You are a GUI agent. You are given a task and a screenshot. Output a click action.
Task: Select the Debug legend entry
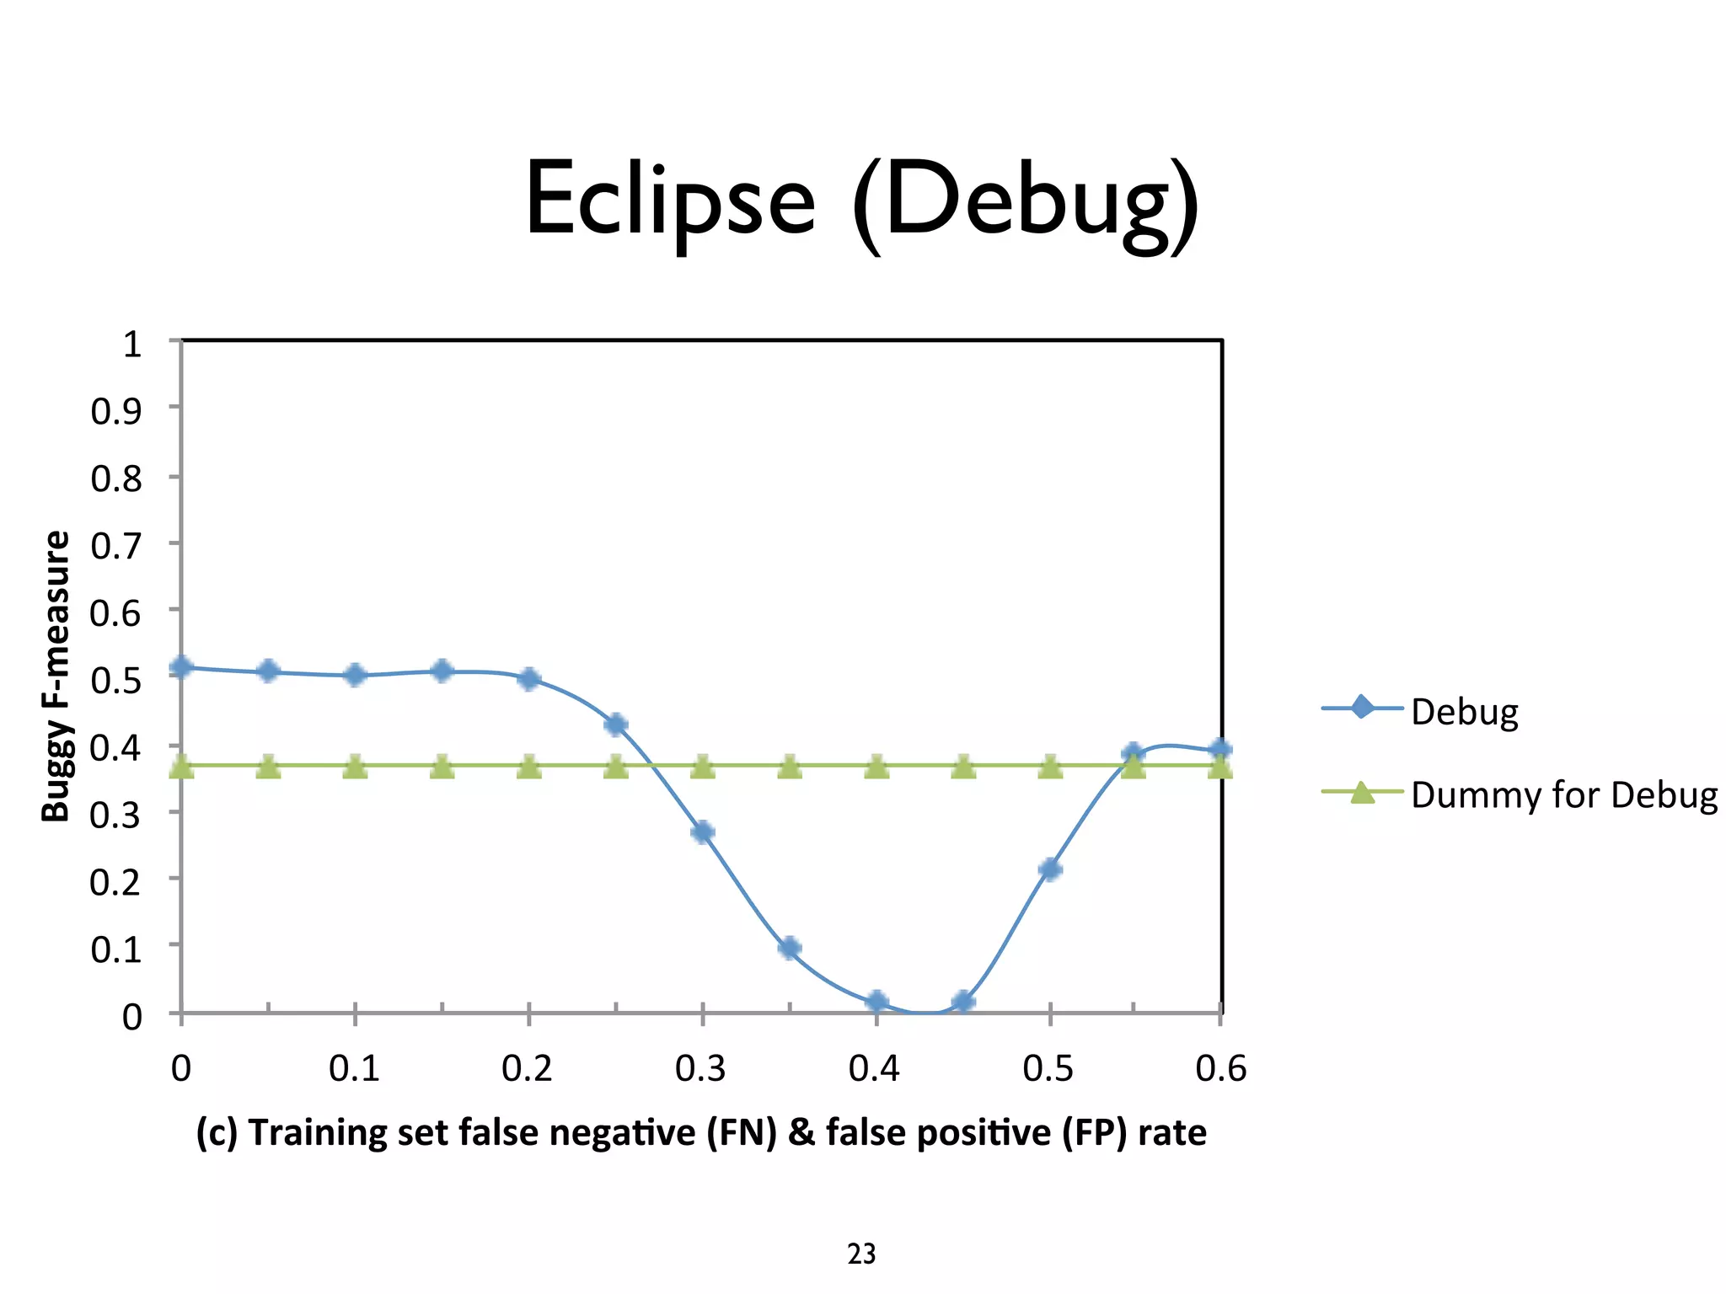click(x=1464, y=711)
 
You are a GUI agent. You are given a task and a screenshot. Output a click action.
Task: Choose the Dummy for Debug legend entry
click(x=1563, y=794)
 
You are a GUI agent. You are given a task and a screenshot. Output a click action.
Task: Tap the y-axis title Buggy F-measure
click(x=56, y=676)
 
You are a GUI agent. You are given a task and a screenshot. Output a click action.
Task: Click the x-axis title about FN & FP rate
click(x=701, y=1132)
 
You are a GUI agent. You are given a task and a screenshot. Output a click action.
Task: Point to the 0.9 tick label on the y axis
click(x=116, y=411)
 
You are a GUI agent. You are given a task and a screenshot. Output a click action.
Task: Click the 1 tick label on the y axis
click(x=131, y=344)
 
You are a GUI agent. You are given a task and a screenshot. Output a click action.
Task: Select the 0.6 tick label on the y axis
click(x=116, y=612)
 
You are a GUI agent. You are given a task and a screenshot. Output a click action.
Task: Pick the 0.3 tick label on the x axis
click(x=700, y=1068)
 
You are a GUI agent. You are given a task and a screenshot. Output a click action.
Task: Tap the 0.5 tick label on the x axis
click(x=1048, y=1068)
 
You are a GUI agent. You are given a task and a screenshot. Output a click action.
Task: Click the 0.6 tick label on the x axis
click(x=1220, y=1068)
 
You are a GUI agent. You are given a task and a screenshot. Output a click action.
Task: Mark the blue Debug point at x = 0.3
click(x=703, y=832)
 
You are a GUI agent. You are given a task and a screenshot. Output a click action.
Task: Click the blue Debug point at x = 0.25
click(x=616, y=725)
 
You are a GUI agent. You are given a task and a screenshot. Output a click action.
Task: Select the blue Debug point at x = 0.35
click(x=790, y=949)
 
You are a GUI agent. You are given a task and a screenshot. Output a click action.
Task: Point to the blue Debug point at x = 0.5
click(x=1050, y=869)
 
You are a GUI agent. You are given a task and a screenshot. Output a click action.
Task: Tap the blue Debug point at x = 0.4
click(x=876, y=1002)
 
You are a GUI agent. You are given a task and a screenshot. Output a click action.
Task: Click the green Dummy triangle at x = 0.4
click(x=876, y=767)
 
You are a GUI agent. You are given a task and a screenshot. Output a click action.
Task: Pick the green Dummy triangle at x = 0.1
click(x=356, y=767)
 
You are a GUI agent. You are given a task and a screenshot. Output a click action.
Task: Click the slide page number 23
click(x=861, y=1254)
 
